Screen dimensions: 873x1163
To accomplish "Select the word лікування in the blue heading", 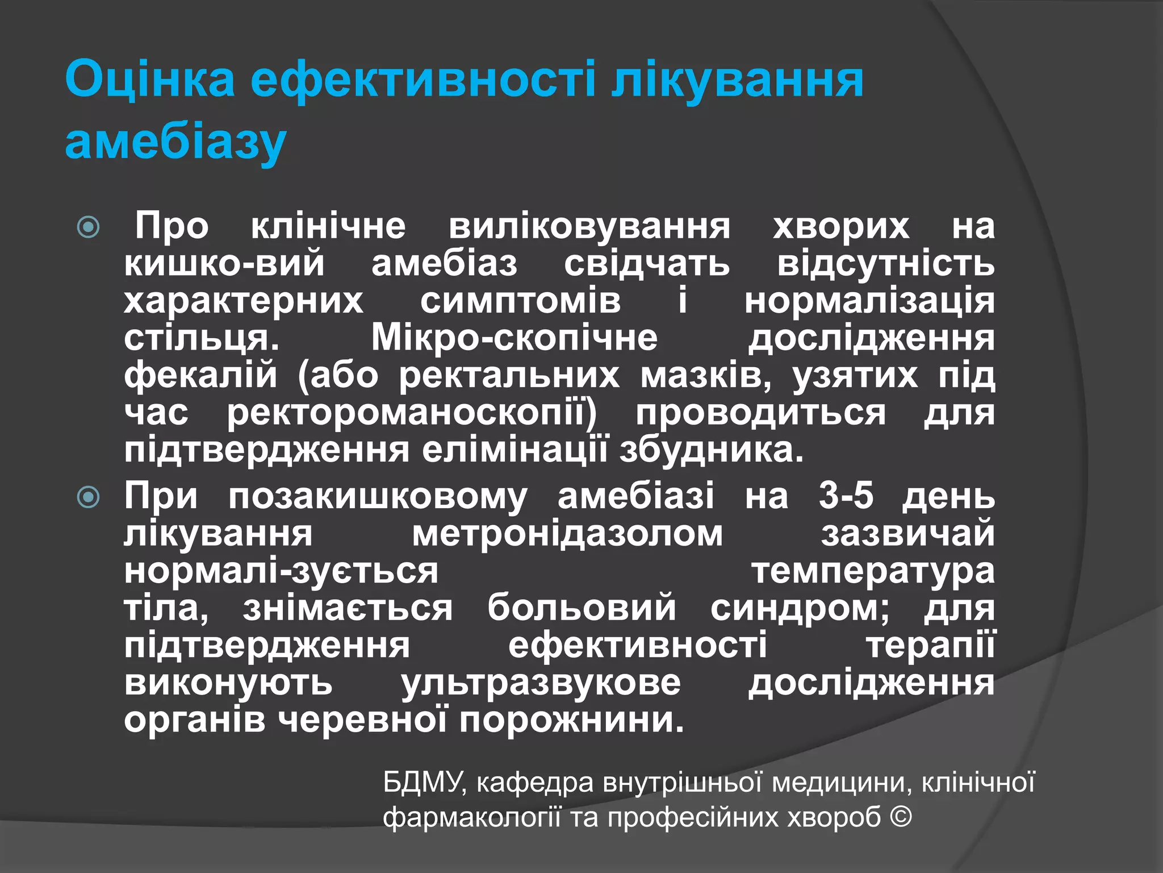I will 737,80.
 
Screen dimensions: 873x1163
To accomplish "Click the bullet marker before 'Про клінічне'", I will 89,228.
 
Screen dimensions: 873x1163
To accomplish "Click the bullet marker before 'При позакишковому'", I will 89,498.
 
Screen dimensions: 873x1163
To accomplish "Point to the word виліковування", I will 589,227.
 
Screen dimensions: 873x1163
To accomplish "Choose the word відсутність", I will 885,264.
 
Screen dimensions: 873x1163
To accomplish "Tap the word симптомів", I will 520,301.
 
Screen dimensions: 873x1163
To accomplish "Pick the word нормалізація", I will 869,301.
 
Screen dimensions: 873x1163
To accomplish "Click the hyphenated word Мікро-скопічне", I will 514,338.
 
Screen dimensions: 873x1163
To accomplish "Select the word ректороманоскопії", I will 412,413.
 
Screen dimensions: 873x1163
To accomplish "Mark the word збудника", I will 711,451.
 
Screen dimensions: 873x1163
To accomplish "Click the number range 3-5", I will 846,496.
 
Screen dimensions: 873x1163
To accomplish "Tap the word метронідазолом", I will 567,534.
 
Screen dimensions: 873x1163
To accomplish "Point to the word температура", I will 873,571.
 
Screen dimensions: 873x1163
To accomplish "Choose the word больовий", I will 581,608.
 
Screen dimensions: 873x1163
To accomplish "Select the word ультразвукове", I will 541,683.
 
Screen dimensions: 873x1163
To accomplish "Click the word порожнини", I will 572,721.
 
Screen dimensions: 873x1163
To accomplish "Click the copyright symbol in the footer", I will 901,818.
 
